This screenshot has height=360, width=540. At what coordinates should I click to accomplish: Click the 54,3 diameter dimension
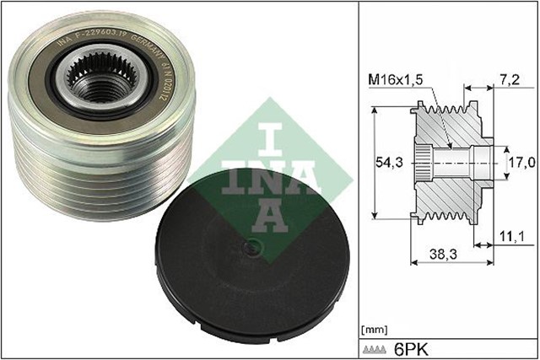point(392,160)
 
